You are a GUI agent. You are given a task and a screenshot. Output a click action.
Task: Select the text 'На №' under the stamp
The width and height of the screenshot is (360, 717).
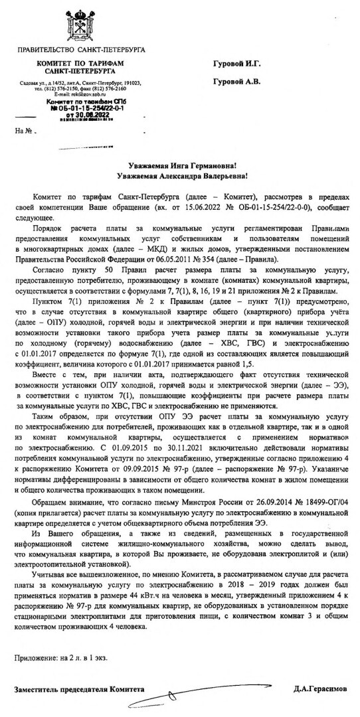point(24,130)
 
